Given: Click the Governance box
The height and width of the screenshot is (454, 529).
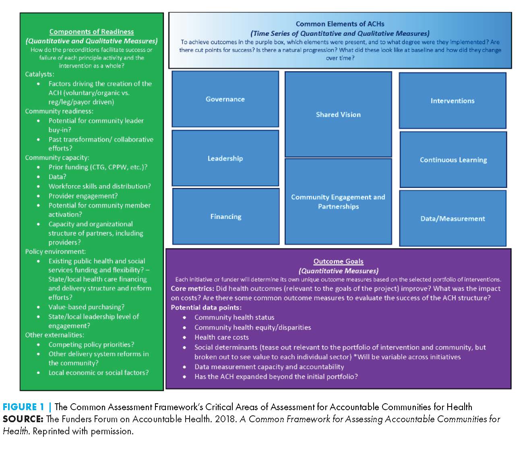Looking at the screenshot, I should [225, 99].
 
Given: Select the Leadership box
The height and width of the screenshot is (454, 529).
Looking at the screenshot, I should [225, 158].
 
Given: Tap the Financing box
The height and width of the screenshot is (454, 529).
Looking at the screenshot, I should [226, 217].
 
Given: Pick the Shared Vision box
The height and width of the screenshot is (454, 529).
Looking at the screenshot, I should [338, 115].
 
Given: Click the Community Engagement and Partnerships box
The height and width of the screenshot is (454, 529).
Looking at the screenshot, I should [338, 202].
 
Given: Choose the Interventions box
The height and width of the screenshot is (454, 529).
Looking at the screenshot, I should [453, 101].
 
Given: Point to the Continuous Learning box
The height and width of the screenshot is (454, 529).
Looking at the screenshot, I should [453, 160].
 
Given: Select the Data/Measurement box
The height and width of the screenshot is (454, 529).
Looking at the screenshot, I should [453, 219].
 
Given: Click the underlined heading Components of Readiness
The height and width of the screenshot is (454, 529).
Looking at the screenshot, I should [91, 32].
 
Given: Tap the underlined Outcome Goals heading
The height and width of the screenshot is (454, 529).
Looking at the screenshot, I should [338, 261].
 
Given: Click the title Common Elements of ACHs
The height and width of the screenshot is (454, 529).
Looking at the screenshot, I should [340, 24].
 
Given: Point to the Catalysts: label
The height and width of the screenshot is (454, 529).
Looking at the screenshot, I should [39, 74].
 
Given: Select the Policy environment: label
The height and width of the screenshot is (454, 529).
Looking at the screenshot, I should [55, 252].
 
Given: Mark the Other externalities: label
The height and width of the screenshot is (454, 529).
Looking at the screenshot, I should [54, 335].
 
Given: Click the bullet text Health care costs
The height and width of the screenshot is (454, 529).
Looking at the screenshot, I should [221, 337].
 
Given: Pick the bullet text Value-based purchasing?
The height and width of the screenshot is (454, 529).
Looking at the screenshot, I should [86, 307].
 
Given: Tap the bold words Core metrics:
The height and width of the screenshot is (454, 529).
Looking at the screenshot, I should [192, 289].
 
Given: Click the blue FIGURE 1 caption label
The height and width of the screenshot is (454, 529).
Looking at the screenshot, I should [23, 407].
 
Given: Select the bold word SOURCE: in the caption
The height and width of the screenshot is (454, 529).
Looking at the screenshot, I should [23, 419].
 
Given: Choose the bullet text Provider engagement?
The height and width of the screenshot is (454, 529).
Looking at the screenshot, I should [83, 196].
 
